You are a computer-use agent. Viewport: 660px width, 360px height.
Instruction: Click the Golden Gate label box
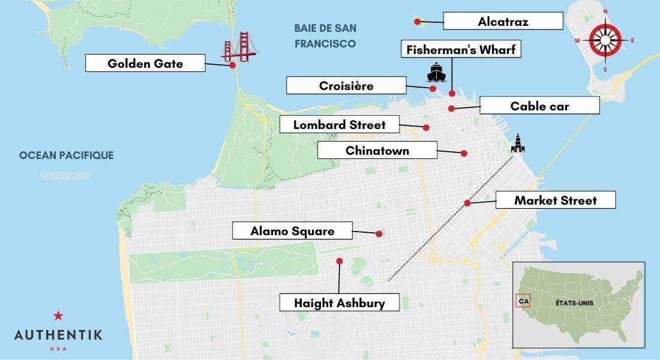pyautogui.click(x=145, y=63)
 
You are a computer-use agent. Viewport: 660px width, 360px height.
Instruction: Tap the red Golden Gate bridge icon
pyautogui.click(x=238, y=47)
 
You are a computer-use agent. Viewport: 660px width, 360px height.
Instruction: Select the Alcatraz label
pyautogui.click(x=503, y=22)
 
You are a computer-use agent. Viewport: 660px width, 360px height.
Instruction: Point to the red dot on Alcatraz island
pyautogui.click(x=417, y=21)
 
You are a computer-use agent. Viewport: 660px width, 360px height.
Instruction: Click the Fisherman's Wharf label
pyautogui.click(x=460, y=49)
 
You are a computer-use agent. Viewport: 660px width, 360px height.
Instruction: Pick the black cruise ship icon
pyautogui.click(x=436, y=72)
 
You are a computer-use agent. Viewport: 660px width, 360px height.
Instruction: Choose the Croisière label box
pyautogui.click(x=346, y=86)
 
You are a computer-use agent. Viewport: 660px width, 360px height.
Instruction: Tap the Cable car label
pyautogui.click(x=539, y=106)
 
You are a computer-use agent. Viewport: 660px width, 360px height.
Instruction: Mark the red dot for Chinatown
pyautogui.click(x=464, y=153)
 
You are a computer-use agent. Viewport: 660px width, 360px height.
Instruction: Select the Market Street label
pyautogui.click(x=555, y=200)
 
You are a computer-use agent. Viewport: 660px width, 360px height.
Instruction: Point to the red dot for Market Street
pyautogui.click(x=467, y=203)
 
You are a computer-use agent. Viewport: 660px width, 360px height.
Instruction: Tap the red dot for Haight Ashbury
pyautogui.click(x=340, y=261)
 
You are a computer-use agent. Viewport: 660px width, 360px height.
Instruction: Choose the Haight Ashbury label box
pyautogui.click(x=340, y=302)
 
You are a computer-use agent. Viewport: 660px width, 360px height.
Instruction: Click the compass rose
pyautogui.click(x=605, y=40)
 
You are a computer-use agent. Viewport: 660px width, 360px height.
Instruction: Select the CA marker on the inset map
pyautogui.click(x=523, y=302)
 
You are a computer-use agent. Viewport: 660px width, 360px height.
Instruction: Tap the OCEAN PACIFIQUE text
pyautogui.click(x=66, y=155)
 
